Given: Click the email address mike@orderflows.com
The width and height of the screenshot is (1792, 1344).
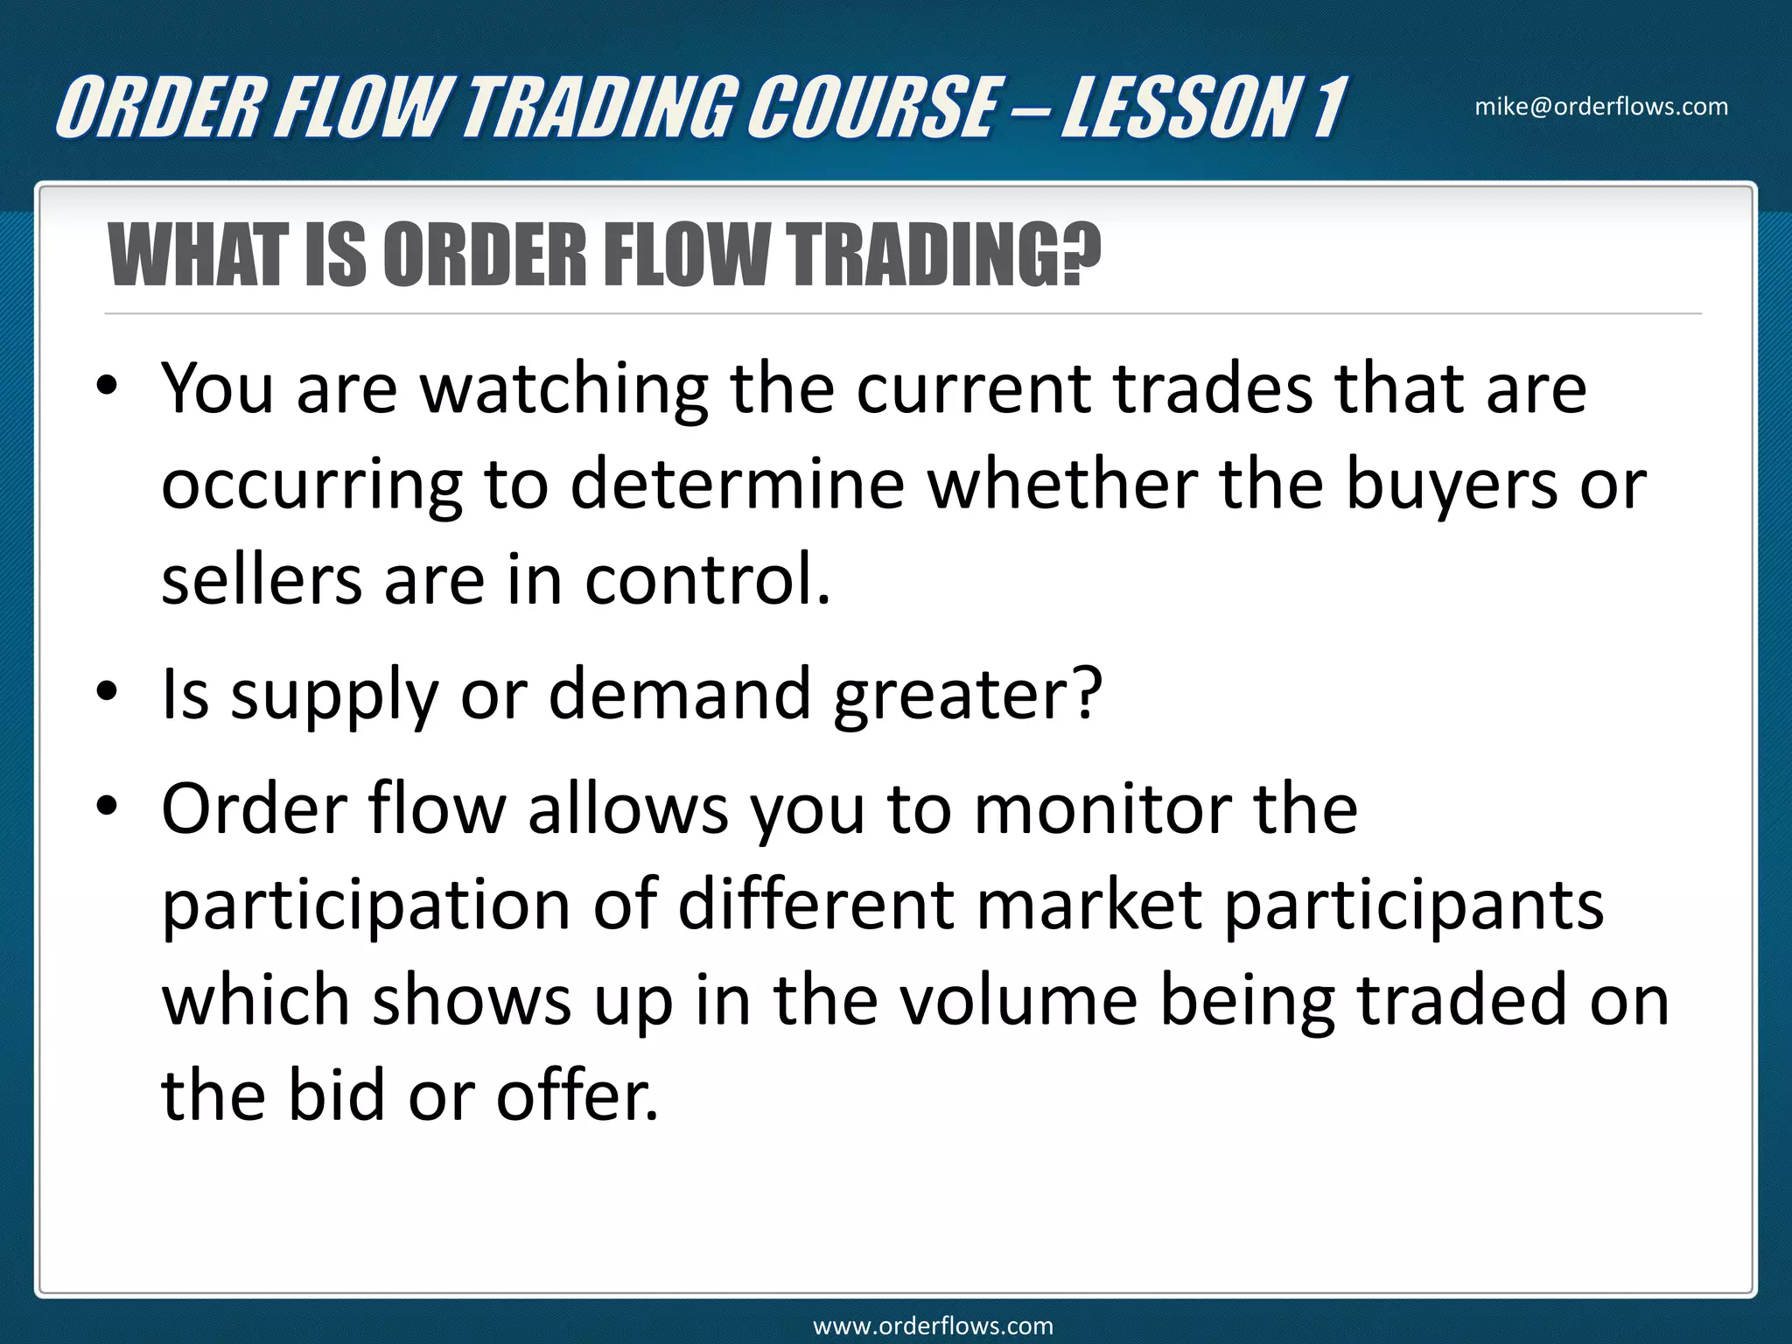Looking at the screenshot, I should point(1601,107).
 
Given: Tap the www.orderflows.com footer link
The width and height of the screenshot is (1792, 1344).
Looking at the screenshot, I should point(933,1326).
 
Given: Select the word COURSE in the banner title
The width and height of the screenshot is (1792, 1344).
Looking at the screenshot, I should point(871,108).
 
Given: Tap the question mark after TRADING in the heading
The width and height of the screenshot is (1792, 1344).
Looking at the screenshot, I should point(1083,255).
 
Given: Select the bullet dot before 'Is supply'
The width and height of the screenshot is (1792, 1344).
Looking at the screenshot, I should point(107,692).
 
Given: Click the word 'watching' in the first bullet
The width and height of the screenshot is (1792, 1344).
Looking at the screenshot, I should point(564,390).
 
